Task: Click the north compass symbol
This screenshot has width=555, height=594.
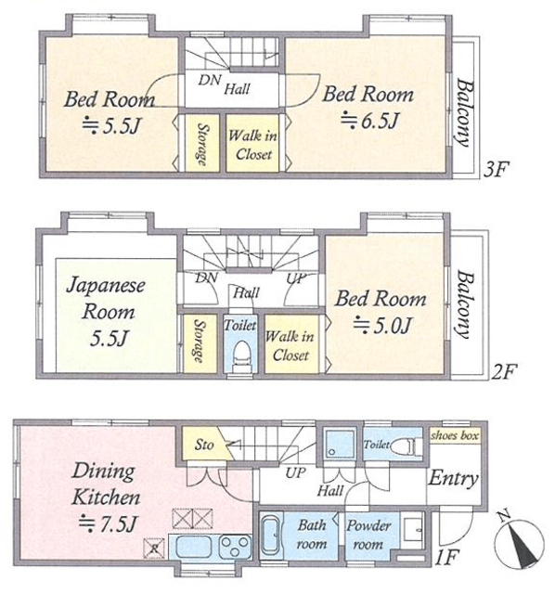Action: point(521,541)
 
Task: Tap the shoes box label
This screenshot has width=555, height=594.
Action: point(455,435)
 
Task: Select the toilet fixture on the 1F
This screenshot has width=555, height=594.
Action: point(407,445)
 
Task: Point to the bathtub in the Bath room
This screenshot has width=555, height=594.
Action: point(271,536)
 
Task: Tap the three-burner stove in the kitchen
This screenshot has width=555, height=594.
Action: point(235,547)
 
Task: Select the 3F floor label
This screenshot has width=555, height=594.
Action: point(496,170)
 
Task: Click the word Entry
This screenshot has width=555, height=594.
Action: point(453,479)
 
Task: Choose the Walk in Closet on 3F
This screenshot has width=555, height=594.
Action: point(252,143)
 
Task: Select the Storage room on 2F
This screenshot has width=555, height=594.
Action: point(200,343)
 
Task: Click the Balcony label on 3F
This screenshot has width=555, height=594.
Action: point(464,112)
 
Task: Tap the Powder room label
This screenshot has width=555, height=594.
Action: point(368,535)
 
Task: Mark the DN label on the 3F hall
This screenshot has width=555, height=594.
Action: point(210,80)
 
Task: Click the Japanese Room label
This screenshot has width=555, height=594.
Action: point(107,312)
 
